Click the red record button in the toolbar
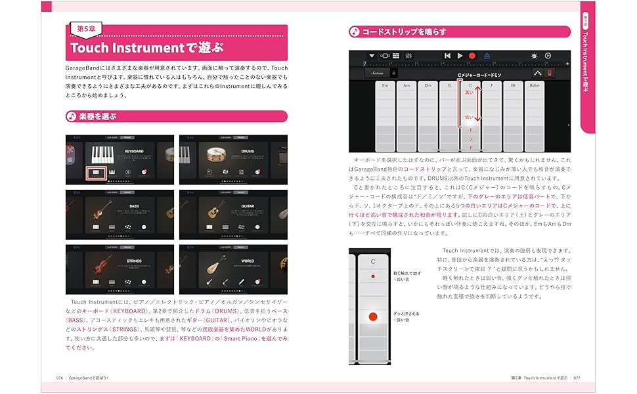[x=472, y=56]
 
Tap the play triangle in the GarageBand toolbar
[x=460, y=56]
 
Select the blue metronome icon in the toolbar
[x=487, y=56]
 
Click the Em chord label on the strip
[x=385, y=86]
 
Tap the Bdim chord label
[x=535, y=86]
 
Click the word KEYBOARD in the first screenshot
[x=133, y=151]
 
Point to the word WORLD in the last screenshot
[x=247, y=261]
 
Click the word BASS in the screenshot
[x=133, y=206]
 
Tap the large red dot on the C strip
[x=373, y=317]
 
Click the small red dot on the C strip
[x=373, y=276]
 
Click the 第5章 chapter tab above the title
[x=90, y=29]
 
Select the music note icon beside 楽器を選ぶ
[x=71, y=116]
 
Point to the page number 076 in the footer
[x=59, y=378]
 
